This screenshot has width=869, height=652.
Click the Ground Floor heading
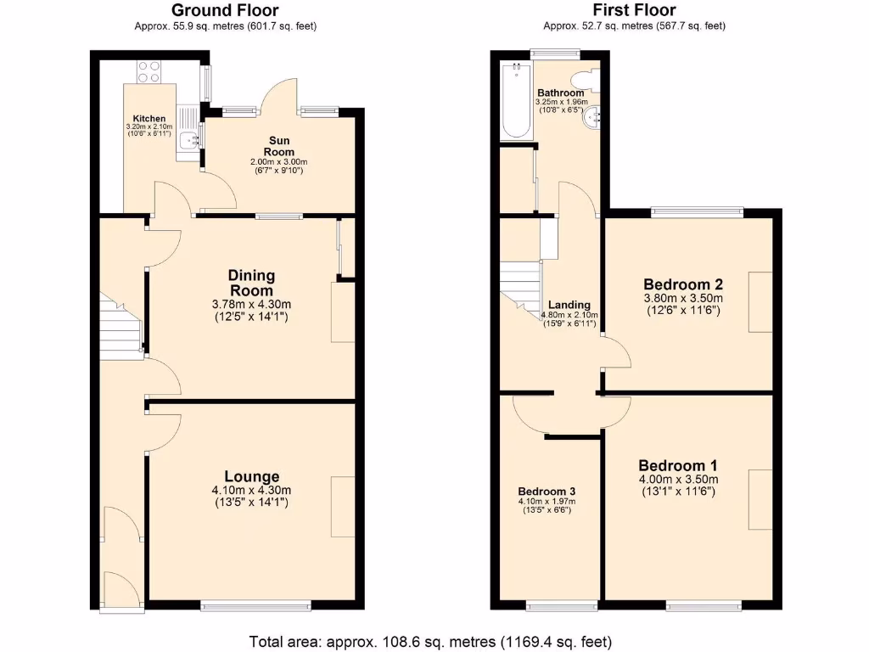point(226,10)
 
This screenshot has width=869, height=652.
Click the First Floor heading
point(634,10)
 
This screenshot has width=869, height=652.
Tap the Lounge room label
point(251,476)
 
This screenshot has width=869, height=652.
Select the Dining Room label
point(251,283)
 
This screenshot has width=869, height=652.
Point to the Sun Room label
point(278,146)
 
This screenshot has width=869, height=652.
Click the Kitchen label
point(149,118)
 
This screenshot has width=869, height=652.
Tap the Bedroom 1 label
point(678,465)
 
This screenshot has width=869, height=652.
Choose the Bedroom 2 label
point(682,284)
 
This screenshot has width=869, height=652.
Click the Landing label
point(569,306)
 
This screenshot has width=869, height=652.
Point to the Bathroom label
point(560,93)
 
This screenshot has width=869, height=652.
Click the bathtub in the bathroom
point(516,100)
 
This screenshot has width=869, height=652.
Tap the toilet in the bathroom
point(592,80)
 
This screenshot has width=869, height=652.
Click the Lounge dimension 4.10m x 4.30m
point(251,490)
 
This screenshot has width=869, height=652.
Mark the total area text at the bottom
point(430,641)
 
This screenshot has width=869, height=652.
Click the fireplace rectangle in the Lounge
point(343,506)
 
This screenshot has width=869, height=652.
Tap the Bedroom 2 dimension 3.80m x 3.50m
point(682,298)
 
